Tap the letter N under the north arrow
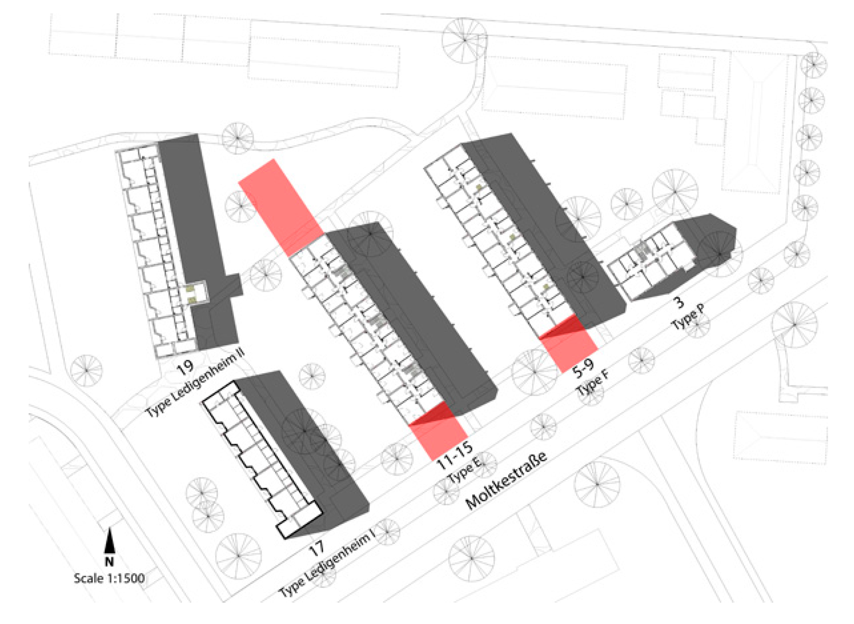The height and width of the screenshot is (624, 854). pyautogui.click(x=110, y=562)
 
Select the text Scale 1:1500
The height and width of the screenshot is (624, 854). pyautogui.click(x=109, y=578)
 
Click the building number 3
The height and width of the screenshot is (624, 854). pyautogui.click(x=679, y=302)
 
